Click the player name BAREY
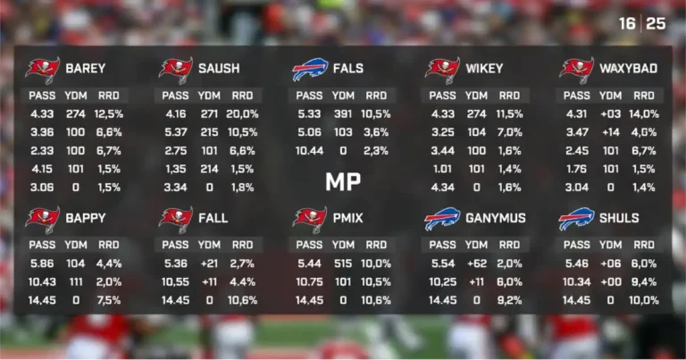pos(85,69)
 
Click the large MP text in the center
pos(343,182)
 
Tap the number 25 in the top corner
pos(657,24)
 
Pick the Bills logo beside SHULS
pos(576,219)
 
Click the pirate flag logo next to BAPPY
pos(42,219)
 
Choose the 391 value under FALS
pos(343,114)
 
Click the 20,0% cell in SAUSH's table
pos(242,114)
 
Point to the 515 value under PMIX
pos(343,264)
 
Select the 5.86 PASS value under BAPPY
pos(42,264)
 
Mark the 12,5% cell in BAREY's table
pos(109,114)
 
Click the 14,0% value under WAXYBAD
pos(643,114)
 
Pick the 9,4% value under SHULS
pos(643,282)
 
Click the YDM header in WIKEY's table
pos(476,96)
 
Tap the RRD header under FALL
pos(242,245)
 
